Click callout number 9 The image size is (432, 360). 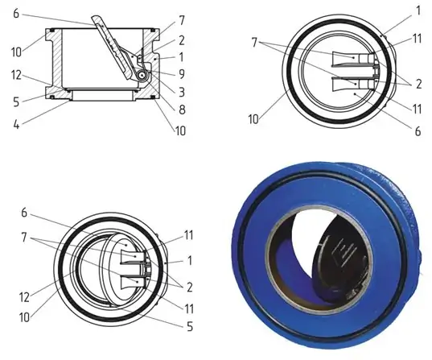[182, 74]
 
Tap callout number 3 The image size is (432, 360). [182, 92]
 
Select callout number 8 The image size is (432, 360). [182, 110]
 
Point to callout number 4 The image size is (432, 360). [16, 124]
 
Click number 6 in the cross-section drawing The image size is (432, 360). [16, 14]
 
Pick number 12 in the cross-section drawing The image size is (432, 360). [16, 75]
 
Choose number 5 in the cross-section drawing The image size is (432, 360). [16, 102]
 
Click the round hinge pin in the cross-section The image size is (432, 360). [142, 75]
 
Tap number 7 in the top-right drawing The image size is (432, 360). [254, 43]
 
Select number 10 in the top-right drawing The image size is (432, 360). [253, 119]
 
